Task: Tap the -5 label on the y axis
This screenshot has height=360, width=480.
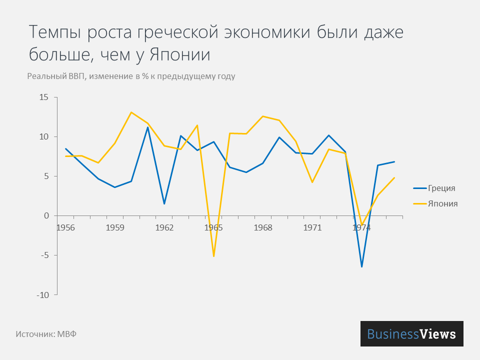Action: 44,255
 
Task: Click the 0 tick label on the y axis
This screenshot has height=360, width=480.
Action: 46,216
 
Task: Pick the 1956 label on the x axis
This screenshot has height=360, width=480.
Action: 66,227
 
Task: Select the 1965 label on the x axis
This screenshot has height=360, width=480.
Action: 213,227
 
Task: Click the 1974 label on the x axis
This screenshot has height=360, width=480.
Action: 361,227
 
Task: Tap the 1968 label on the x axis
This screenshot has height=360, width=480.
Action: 263,227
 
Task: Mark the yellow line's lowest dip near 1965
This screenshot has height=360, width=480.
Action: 213,256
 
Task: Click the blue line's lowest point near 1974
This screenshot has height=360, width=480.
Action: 361,266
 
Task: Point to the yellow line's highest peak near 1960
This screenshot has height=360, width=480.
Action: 131,112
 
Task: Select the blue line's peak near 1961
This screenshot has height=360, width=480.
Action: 147,127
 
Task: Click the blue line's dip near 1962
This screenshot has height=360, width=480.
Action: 164,203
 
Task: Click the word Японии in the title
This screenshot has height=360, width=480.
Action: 179,54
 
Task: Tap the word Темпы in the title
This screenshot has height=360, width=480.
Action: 55,32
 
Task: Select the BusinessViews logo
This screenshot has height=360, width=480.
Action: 411,333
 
